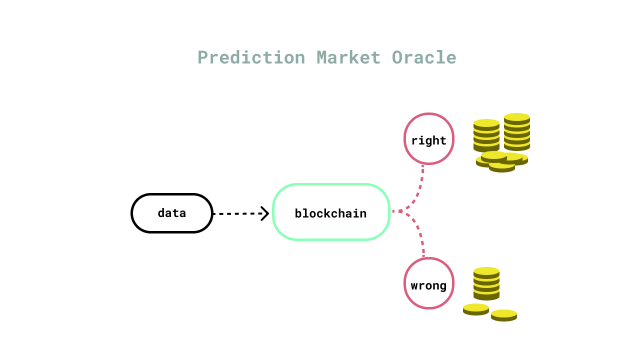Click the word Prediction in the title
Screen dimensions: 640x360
[x=251, y=57]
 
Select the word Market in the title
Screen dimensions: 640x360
[x=348, y=57]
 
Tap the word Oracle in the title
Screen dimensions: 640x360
[x=424, y=57]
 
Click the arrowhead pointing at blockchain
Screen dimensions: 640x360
[x=265, y=213]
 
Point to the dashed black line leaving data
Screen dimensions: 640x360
[x=236, y=213]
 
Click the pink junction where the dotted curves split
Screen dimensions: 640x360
[x=400, y=211]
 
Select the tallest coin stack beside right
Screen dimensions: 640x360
[x=517, y=132]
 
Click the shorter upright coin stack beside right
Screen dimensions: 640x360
[x=486, y=135]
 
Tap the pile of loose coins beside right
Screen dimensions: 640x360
[x=501, y=161]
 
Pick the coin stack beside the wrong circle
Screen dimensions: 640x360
[x=486, y=283]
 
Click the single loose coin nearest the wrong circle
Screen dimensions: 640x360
[x=475, y=309]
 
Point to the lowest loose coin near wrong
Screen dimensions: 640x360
[x=504, y=315]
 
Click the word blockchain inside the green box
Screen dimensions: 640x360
[x=330, y=213]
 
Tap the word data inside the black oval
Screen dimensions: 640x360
[x=171, y=213]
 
